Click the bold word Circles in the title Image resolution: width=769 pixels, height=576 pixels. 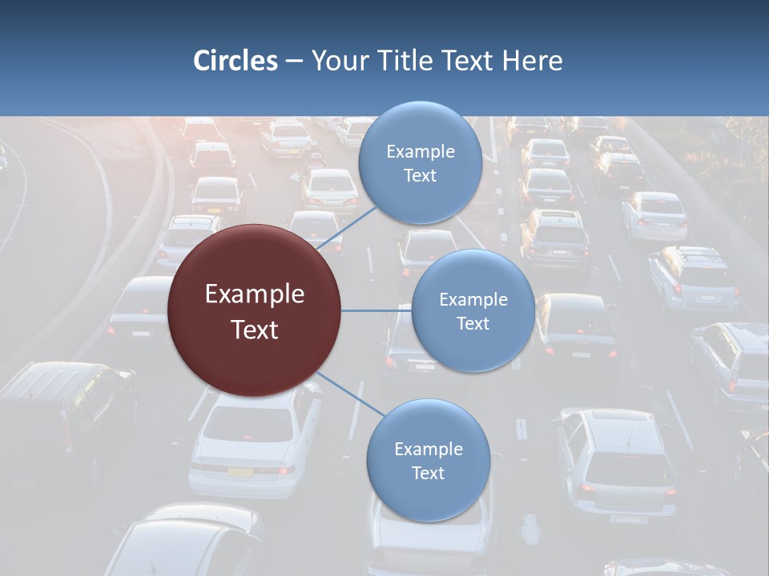(236, 61)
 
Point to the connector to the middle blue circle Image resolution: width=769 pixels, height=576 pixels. (376, 310)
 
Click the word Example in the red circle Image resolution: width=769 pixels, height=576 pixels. (255, 294)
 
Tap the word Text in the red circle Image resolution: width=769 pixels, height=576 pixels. (255, 330)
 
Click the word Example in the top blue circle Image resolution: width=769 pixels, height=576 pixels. (421, 152)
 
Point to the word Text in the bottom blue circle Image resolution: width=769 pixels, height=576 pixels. (428, 473)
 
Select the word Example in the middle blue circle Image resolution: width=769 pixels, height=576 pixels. (473, 300)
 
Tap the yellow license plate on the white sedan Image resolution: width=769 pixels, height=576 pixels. (240, 472)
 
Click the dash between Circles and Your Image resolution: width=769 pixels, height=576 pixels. (294, 61)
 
